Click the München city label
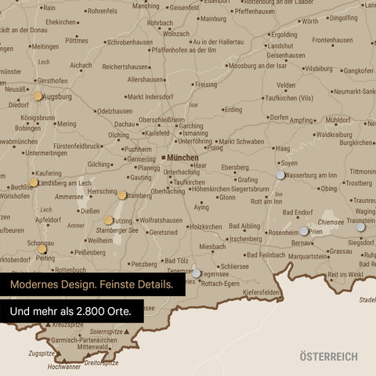(x=183, y=157)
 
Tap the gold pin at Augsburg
(x=38, y=96)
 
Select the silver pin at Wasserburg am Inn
(x=280, y=175)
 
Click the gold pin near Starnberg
(x=122, y=195)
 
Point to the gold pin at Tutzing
(x=109, y=221)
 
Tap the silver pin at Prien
(x=304, y=231)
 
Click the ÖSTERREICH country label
(x=328, y=356)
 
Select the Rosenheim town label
(x=283, y=233)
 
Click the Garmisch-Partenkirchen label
(x=86, y=341)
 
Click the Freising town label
(x=207, y=84)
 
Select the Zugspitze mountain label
(x=42, y=353)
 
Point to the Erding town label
(x=233, y=110)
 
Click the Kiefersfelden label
(x=262, y=292)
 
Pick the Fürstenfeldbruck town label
(x=66, y=146)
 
